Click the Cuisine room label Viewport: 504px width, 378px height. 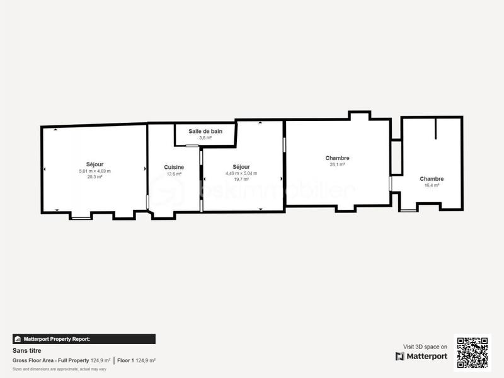[174, 167]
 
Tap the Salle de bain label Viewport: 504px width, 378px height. [205, 131]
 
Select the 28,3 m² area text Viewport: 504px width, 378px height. [94, 177]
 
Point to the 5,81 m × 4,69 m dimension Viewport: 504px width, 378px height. [94, 171]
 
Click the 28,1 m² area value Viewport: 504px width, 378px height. [338, 164]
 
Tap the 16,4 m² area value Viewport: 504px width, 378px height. [432, 185]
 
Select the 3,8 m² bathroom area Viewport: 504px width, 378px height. [205, 137]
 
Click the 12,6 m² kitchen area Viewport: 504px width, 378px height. [174, 174]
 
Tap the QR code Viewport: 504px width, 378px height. [472, 352]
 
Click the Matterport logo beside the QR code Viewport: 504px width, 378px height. [421, 356]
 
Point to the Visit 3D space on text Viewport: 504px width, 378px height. [425, 346]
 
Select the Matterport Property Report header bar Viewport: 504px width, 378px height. [84, 339]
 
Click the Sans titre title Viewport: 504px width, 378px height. [23, 351]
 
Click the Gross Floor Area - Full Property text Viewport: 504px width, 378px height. [51, 360]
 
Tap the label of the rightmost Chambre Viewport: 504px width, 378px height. [432, 179]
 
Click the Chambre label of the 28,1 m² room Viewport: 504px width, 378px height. [338, 157]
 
